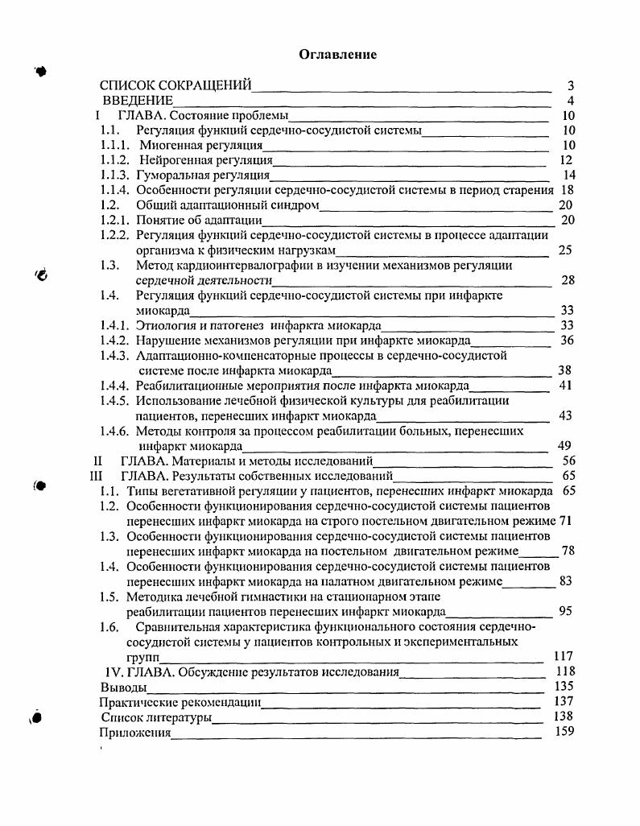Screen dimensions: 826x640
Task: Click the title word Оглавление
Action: pos(338,55)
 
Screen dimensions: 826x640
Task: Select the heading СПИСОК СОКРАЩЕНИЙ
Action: pos(175,85)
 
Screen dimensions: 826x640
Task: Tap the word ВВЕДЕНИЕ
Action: pos(138,101)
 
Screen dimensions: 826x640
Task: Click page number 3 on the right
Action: pos(570,85)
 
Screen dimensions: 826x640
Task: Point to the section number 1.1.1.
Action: pos(115,145)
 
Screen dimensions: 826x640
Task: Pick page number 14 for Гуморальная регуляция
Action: pos(569,175)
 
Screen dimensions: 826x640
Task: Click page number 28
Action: pos(567,280)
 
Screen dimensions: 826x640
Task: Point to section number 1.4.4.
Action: pos(115,386)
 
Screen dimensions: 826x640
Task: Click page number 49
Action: pos(564,445)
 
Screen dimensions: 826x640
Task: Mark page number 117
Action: pos(564,656)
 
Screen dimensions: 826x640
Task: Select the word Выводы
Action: pos(123,687)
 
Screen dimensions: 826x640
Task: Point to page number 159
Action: pos(564,731)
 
